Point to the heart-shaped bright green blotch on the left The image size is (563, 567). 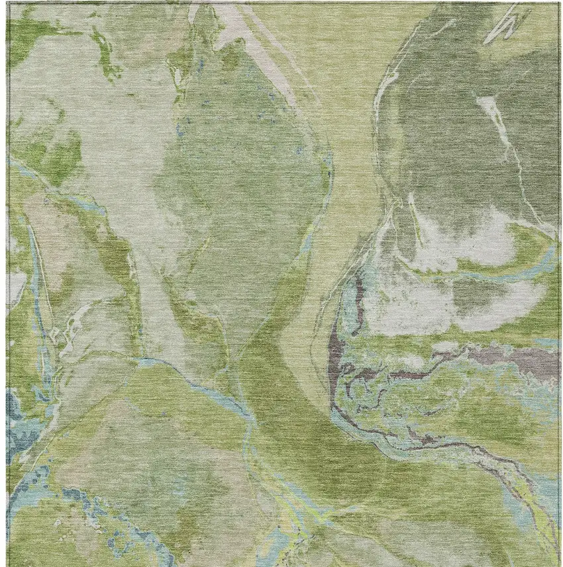point(56,152)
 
